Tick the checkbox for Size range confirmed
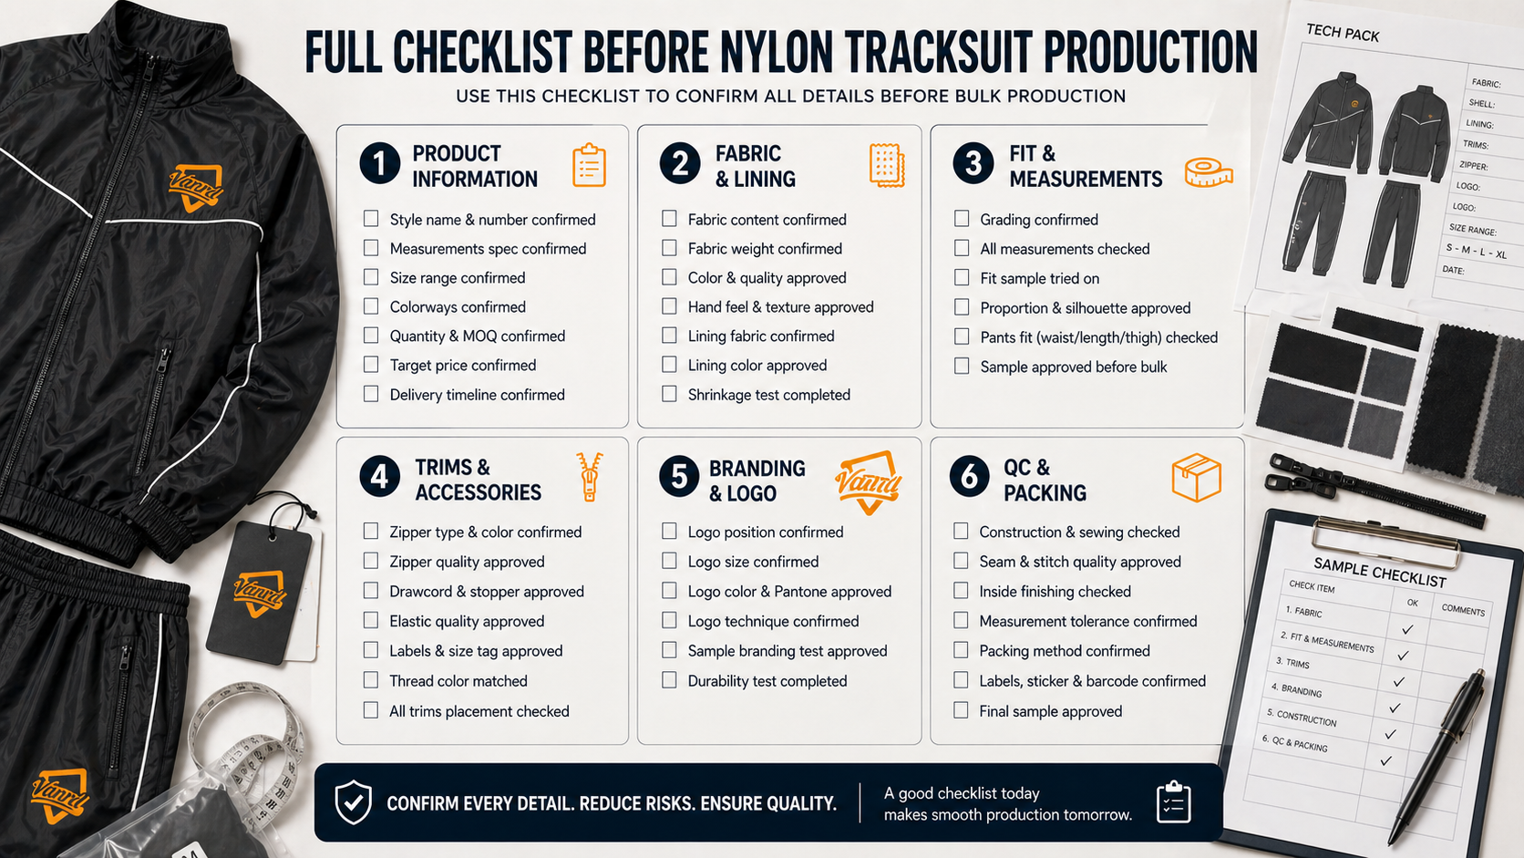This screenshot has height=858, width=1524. point(371,277)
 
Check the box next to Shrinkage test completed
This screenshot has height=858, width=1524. point(669,394)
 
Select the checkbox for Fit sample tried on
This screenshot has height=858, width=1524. point(962,277)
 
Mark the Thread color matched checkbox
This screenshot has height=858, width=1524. point(371,679)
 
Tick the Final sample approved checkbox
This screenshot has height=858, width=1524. point(961,710)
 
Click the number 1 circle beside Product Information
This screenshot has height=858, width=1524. point(380,163)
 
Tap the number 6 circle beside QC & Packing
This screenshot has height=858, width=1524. point(970,477)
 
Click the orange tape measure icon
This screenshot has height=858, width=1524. point(1209,173)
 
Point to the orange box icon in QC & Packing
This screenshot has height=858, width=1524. point(1196,478)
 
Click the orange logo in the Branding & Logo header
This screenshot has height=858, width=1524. point(868,481)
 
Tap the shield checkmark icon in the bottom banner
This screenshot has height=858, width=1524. point(353,802)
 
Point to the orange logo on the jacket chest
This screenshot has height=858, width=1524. point(196,188)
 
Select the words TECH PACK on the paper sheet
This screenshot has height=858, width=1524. point(1343,32)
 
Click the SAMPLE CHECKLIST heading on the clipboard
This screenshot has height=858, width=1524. point(1379,572)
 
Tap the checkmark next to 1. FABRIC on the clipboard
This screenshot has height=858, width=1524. point(1407,629)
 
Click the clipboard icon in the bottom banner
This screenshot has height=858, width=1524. point(1174,802)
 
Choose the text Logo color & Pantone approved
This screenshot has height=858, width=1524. point(789,591)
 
